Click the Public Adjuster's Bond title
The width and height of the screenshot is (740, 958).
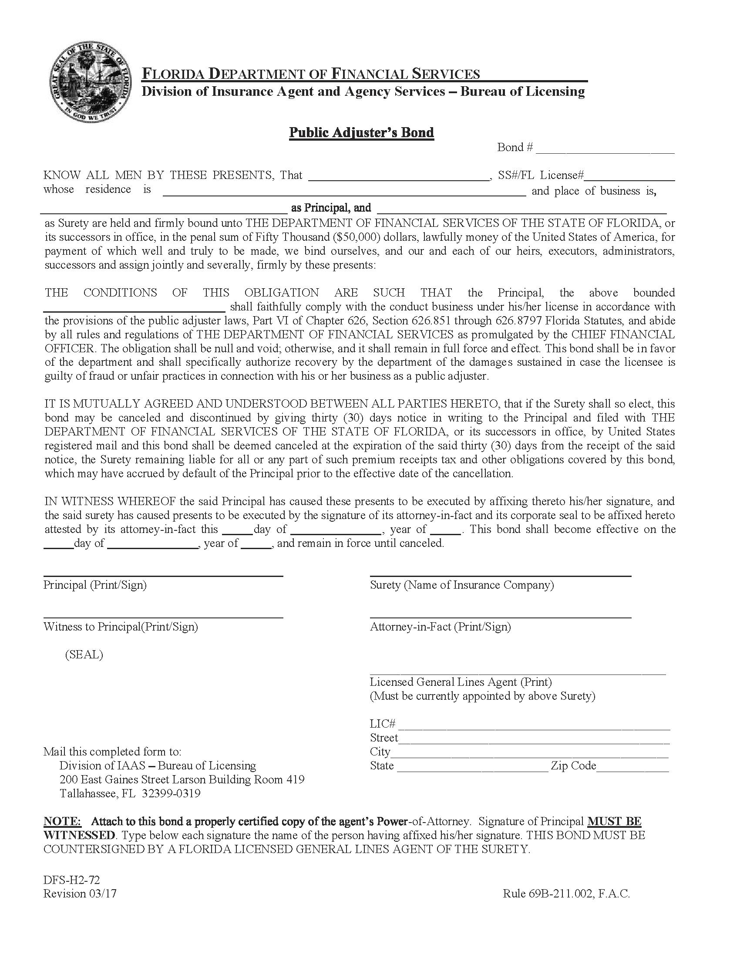pyautogui.click(x=361, y=132)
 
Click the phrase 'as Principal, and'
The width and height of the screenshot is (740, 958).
pyautogui.click(x=331, y=207)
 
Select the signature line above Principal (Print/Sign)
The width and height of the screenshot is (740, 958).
pyautogui.click(x=163, y=575)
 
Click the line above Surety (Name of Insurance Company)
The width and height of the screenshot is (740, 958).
pyautogui.click(x=500, y=575)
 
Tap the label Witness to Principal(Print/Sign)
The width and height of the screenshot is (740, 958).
pyautogui.click(x=121, y=626)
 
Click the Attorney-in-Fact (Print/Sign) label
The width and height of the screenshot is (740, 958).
pyautogui.click(x=440, y=626)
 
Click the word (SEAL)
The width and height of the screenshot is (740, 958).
pyautogui.click(x=84, y=654)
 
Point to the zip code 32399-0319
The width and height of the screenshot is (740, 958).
pyautogui.click(x=171, y=793)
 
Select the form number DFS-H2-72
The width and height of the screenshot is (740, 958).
pyautogui.click(x=71, y=880)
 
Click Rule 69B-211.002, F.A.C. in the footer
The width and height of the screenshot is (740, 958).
pyautogui.click(x=566, y=894)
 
